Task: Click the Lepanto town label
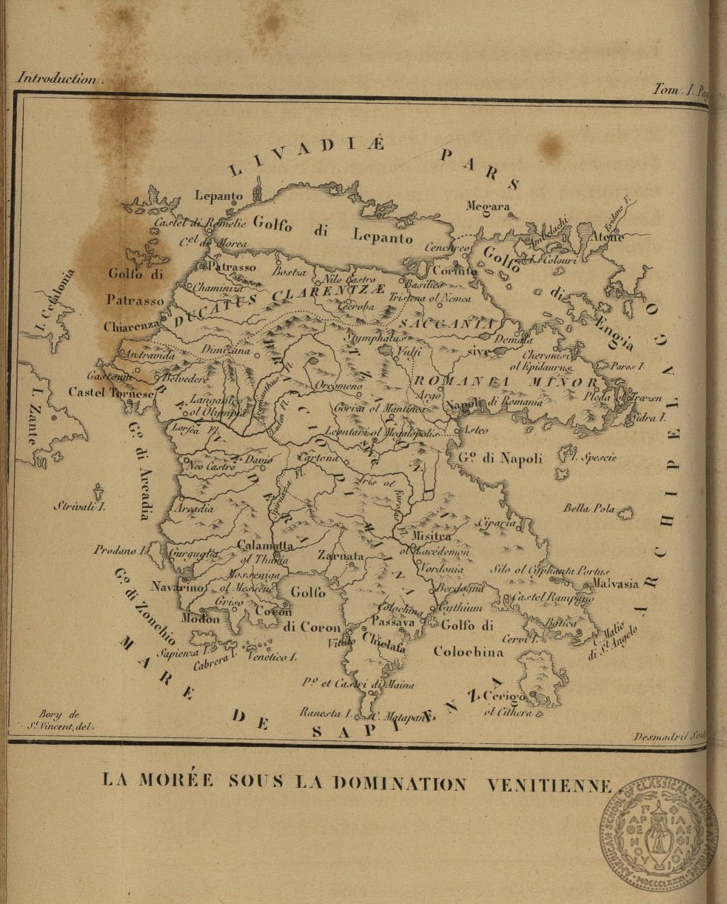click(x=218, y=195)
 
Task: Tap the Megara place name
click(x=487, y=206)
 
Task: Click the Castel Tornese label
click(x=112, y=392)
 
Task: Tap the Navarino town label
click(x=177, y=586)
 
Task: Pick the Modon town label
click(x=200, y=618)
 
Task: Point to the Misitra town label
click(x=432, y=536)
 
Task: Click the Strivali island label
click(x=79, y=507)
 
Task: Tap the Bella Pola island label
click(x=589, y=509)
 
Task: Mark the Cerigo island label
click(x=505, y=697)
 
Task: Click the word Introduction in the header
click(x=57, y=78)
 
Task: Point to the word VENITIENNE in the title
click(x=549, y=784)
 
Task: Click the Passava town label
click(x=392, y=623)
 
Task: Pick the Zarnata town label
click(x=341, y=555)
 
